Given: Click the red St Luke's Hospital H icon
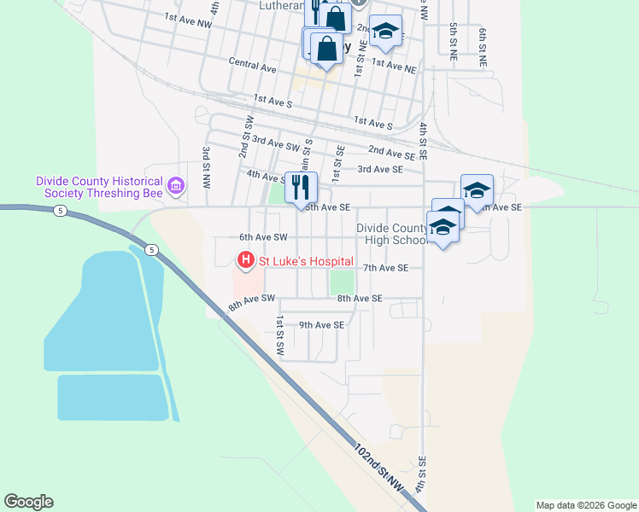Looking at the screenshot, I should pyautogui.click(x=246, y=259).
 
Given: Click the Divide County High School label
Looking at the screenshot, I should pyautogui.click(x=393, y=234).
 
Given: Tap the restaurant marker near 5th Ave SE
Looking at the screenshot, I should pyautogui.click(x=300, y=187).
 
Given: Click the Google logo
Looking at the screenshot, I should pyautogui.click(x=28, y=502).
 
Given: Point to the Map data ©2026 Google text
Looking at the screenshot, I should pyautogui.click(x=585, y=505).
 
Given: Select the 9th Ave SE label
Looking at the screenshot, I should pyautogui.click(x=320, y=325).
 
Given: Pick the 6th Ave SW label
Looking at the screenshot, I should pyautogui.click(x=263, y=237).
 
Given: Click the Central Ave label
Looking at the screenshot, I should pyautogui.click(x=253, y=64).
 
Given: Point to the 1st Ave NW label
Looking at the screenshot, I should pyautogui.click(x=188, y=18).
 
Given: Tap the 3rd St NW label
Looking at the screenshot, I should pyautogui.click(x=207, y=167).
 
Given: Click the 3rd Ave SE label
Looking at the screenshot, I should pyautogui.click(x=380, y=170).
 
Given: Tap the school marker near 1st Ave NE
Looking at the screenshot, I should pyautogui.click(x=385, y=32).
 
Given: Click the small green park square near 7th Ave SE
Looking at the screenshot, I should pyautogui.click(x=342, y=281).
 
